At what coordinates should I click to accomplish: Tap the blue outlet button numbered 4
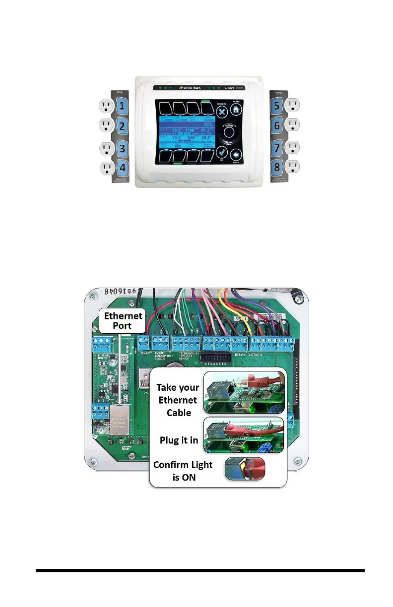click(x=122, y=169)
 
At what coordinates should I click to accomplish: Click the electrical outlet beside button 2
click(x=107, y=126)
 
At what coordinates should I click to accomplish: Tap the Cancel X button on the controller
click(x=222, y=112)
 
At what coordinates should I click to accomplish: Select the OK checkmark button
click(x=222, y=154)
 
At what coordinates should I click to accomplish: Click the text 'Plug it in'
click(x=179, y=440)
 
